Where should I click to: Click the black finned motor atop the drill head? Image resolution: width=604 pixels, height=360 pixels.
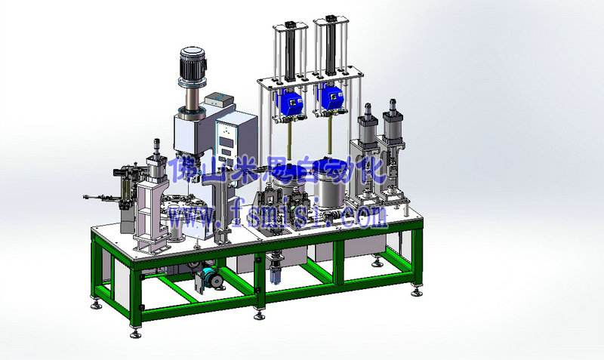tap(193, 63)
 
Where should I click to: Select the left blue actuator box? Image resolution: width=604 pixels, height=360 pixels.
tap(290, 102)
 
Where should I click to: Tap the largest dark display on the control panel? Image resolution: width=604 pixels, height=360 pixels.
tap(226, 142)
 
